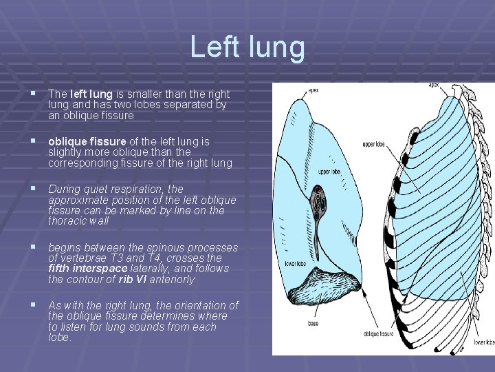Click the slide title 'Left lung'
pos(247,47)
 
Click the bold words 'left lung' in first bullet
pos(90,94)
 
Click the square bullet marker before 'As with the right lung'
pos(33,304)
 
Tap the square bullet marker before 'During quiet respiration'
pos(33,188)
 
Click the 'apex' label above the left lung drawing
pos(313,90)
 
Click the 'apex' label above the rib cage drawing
pos(434,85)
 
